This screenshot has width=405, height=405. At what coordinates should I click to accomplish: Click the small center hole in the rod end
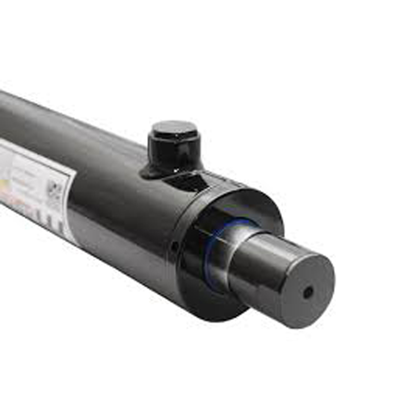coord(307,292)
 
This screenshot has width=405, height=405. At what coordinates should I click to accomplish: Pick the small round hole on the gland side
coord(174,247)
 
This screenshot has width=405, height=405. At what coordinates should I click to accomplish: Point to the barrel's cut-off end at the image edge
coord(3,116)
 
